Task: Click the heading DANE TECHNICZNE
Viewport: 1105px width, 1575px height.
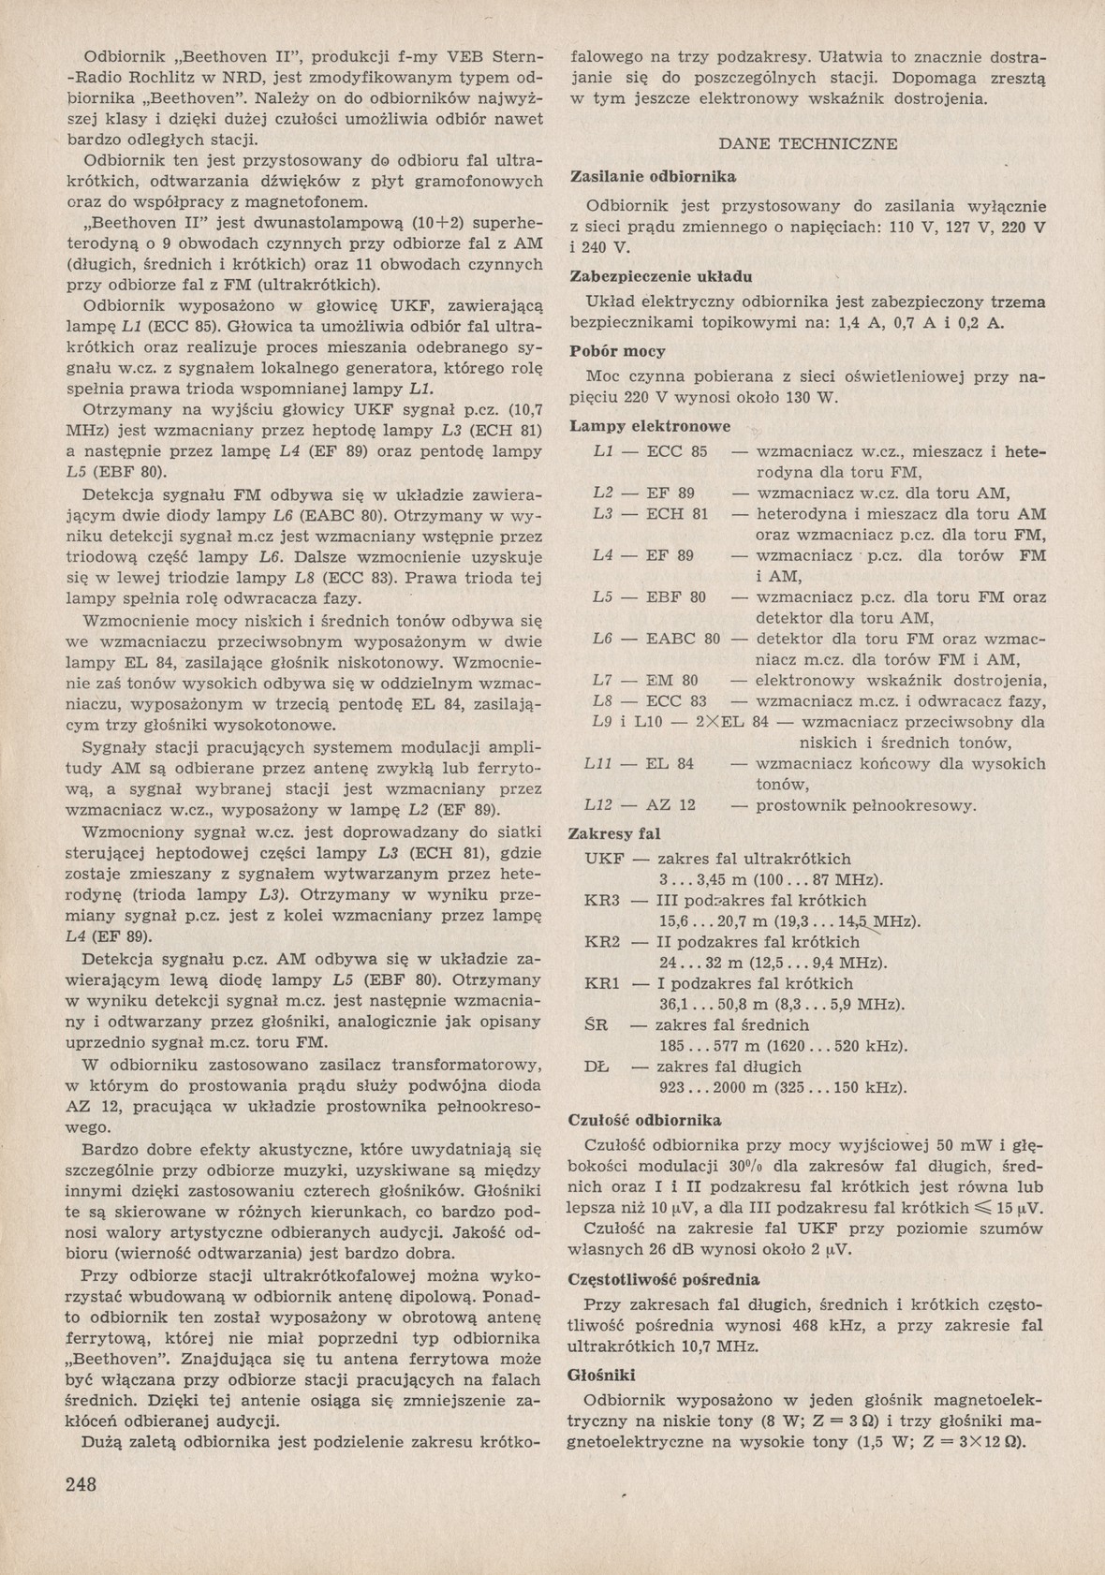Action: click(808, 144)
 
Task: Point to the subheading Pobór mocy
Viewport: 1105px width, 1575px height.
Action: click(618, 351)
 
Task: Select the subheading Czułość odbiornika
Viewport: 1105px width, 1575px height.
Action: click(645, 1119)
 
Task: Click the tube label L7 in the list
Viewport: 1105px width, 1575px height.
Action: click(604, 681)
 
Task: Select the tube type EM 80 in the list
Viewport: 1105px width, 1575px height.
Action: click(672, 681)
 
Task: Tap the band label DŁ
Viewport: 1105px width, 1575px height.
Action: click(597, 1067)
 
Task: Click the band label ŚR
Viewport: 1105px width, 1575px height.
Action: click(597, 1024)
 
